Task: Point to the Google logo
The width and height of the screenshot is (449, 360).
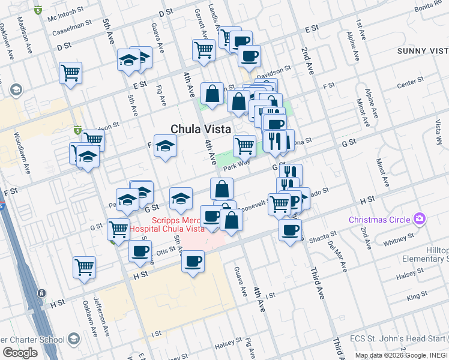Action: pyautogui.click(x=20, y=353)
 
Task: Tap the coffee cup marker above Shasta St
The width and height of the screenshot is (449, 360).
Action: pyautogui.click(x=290, y=229)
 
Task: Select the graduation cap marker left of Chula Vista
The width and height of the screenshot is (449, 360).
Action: pyautogui.click(x=165, y=146)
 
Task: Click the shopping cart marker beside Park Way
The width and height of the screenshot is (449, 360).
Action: pyautogui.click(x=244, y=145)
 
